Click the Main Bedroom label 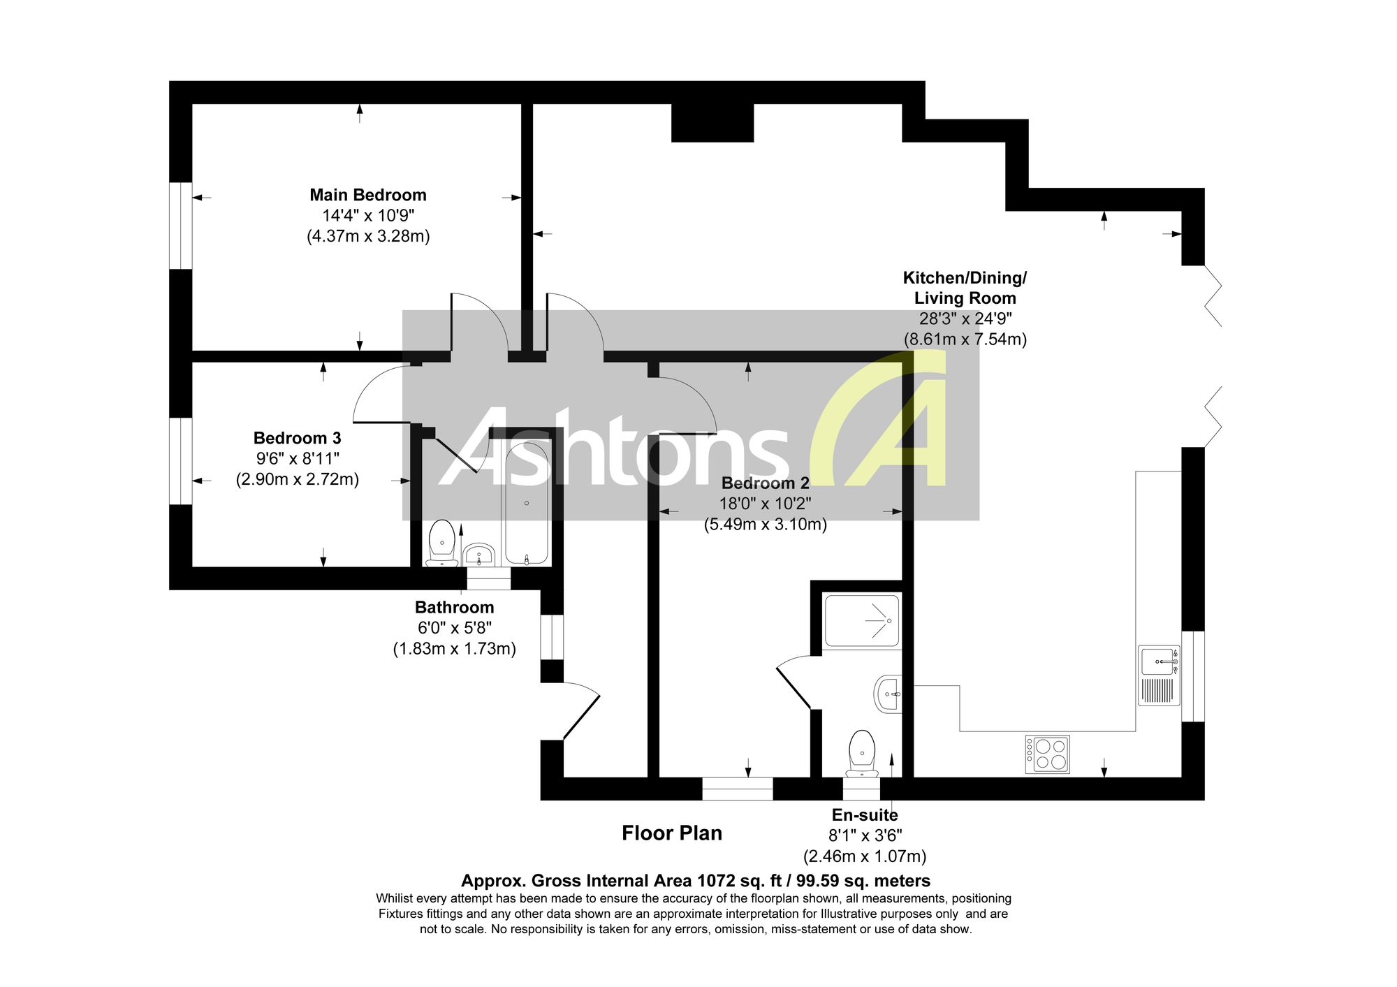tap(368, 195)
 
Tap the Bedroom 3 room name tap(297, 438)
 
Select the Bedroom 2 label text tap(765, 483)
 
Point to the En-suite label tap(865, 814)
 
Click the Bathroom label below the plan tap(454, 607)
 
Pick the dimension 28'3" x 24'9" tap(965, 319)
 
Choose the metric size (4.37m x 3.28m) tap(368, 236)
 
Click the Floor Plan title tap(672, 833)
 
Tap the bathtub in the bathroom tap(527, 503)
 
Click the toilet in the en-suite tap(862, 754)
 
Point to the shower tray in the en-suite tap(862, 620)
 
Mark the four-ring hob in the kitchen tap(1047, 754)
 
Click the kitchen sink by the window tap(1159, 675)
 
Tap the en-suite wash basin tap(888, 694)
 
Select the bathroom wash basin tap(479, 555)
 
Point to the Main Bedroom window tap(181, 226)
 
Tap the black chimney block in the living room tap(712, 123)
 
